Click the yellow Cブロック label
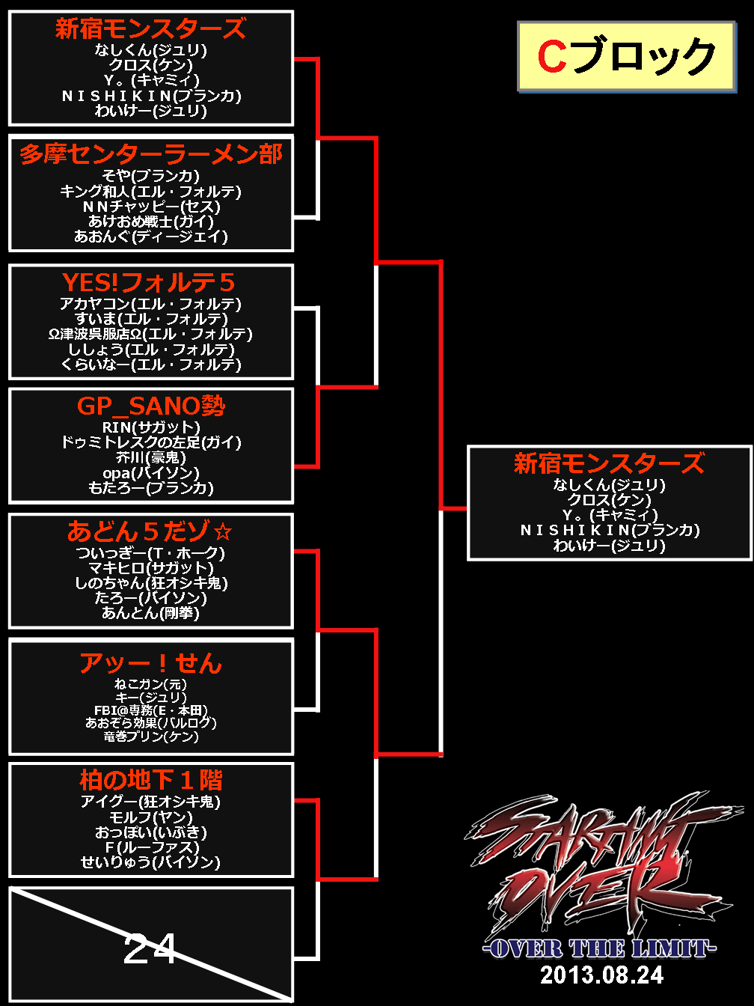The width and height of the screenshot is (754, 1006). point(625,57)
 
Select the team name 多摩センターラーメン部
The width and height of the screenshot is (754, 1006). point(151,154)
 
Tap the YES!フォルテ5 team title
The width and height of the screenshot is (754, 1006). point(149,283)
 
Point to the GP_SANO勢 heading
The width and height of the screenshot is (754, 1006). point(151,406)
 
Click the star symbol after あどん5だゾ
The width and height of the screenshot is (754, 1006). point(223,532)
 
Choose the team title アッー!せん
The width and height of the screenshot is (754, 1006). point(151,663)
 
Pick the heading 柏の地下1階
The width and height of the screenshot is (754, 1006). point(151,781)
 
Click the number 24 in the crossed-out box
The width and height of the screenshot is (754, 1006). point(150,949)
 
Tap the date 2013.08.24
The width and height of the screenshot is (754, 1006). point(602,975)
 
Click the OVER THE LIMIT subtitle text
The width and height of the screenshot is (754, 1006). point(600,949)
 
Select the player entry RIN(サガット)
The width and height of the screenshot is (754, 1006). point(151,427)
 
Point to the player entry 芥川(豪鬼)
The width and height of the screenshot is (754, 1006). point(151,457)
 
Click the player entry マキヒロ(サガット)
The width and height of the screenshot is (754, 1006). point(151,568)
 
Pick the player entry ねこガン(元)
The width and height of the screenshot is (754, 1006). point(151,684)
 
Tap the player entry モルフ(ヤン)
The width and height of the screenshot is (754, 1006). point(151,817)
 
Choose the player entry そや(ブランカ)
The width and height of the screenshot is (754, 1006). point(151,176)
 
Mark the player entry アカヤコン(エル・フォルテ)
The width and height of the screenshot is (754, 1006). point(151,304)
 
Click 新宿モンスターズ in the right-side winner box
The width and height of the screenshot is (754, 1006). point(609,464)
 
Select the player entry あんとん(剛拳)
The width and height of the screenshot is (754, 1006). point(151,613)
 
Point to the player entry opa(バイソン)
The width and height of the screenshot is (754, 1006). point(151,473)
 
